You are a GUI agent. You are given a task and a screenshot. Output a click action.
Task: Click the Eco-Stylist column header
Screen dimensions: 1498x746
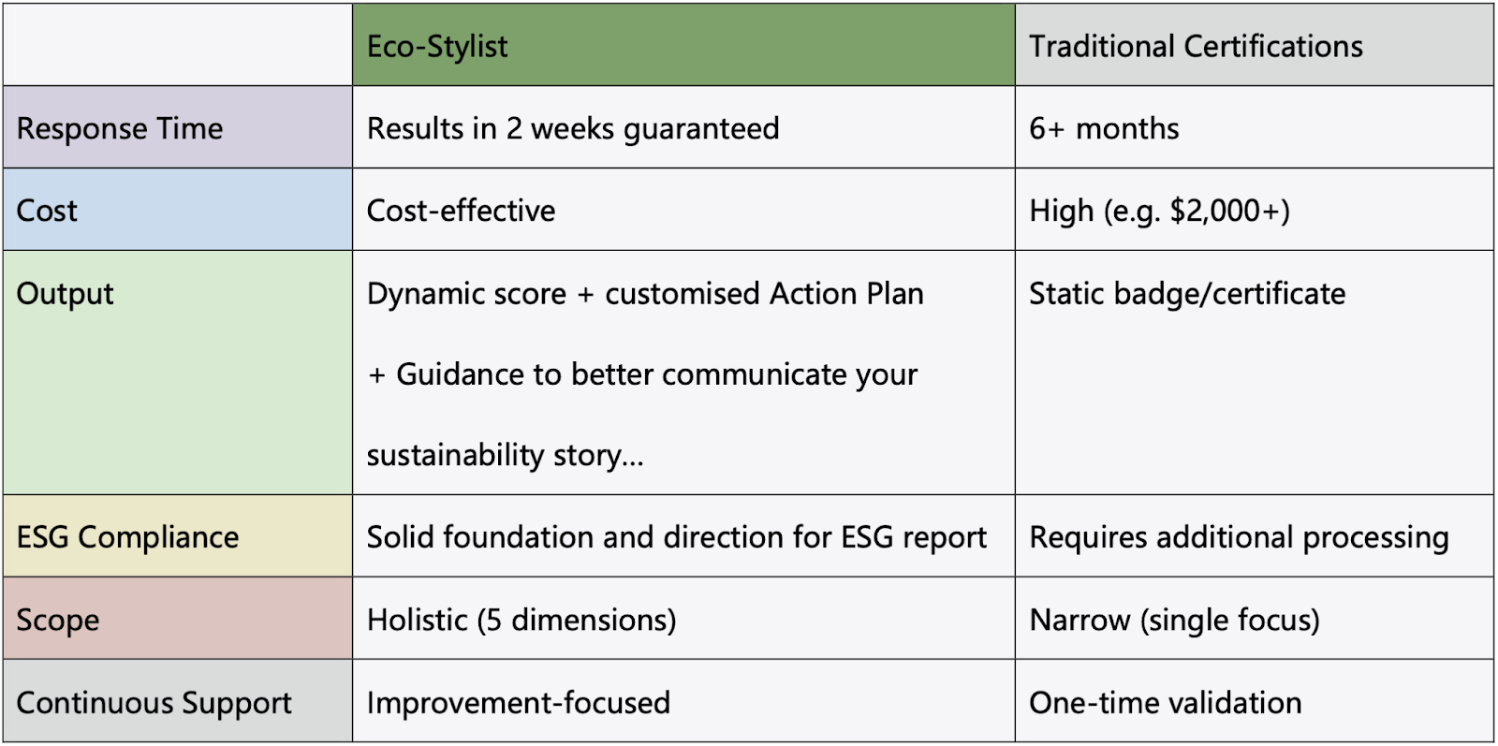point(437,47)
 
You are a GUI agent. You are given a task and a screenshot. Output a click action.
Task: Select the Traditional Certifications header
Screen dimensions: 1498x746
point(1196,47)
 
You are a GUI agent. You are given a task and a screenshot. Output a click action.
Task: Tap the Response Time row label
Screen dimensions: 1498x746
point(120,128)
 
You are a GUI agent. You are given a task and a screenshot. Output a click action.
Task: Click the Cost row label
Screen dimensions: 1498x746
point(47,212)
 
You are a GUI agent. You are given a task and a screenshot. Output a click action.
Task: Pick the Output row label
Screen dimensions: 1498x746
point(65,294)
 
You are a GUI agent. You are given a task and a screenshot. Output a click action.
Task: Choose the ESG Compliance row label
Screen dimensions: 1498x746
point(127,537)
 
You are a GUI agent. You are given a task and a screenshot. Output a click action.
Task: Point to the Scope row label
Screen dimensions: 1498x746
point(58,621)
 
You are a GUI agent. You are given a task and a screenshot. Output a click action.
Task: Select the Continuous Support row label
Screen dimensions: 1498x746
point(154,703)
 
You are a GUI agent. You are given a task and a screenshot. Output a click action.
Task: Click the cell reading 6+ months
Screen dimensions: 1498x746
point(1104,128)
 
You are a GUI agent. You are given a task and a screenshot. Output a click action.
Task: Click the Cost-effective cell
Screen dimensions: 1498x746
point(461,212)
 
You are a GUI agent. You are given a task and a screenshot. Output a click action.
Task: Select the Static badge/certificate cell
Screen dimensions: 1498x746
point(1188,294)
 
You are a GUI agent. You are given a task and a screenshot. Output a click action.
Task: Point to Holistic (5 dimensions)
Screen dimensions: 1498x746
point(521,621)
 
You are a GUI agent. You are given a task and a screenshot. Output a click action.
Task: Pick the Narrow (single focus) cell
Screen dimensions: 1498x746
point(1175,621)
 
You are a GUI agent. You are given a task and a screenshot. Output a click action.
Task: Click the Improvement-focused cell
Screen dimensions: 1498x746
point(519,703)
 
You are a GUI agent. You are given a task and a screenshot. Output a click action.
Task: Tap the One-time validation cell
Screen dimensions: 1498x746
point(1166,703)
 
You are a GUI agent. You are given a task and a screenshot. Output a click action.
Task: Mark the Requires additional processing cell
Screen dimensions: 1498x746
point(1240,537)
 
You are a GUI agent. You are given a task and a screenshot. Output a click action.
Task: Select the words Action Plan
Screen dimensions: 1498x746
point(846,294)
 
